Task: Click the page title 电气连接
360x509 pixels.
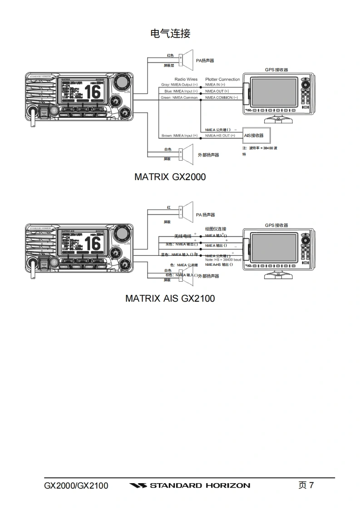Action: click(170, 33)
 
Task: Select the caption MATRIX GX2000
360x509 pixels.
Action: click(170, 177)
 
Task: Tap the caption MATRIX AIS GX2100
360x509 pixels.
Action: click(170, 299)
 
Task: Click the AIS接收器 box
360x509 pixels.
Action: click(256, 135)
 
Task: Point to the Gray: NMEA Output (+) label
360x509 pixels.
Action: click(179, 85)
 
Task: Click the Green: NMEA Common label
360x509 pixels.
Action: click(179, 98)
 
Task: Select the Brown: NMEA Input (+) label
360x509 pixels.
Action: click(179, 136)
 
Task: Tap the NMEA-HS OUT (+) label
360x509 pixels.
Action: click(220, 136)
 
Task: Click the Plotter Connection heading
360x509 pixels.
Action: click(222, 79)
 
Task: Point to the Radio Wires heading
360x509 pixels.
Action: click(186, 79)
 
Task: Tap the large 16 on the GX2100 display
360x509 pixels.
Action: click(92, 244)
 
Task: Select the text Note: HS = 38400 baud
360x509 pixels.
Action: click(223, 260)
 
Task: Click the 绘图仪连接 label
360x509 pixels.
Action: click(216, 229)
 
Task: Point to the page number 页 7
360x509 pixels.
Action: click(306, 485)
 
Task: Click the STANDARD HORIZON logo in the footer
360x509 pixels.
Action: click(189, 485)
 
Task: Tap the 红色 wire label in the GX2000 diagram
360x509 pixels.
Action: click(170, 56)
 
